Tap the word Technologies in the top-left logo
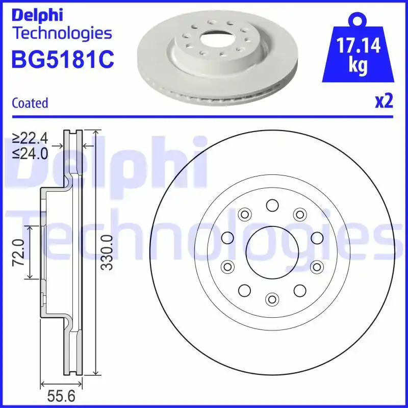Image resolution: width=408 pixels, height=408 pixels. pos(61,34)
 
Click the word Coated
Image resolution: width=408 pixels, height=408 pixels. pos(30,103)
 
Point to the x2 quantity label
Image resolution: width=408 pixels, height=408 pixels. pos(384,102)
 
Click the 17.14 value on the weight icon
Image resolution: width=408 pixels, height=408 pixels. pos(359,47)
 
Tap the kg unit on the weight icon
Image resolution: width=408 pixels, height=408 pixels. pos(359,66)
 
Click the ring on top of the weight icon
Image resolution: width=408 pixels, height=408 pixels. pos(359,20)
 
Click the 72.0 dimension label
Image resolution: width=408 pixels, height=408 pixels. pos(18,252)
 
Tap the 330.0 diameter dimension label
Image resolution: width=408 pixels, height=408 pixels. pos(106,252)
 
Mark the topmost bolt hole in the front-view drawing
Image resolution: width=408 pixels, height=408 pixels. pos(271,205)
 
